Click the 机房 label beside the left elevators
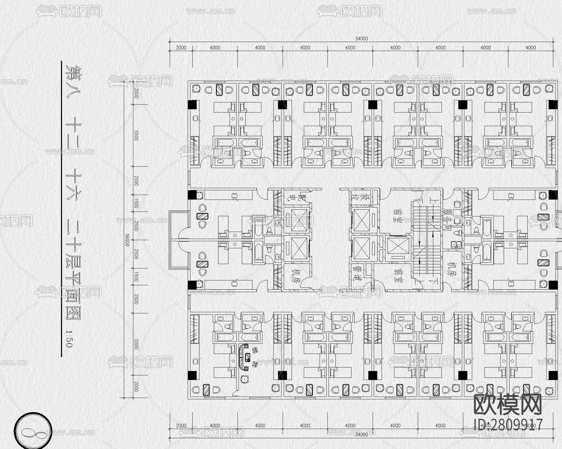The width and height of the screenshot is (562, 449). (295, 276)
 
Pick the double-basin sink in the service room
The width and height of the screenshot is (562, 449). (456, 244)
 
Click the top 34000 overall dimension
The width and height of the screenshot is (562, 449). (361, 38)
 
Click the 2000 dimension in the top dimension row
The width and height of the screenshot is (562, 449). (181, 48)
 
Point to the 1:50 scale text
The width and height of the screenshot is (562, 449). (68, 338)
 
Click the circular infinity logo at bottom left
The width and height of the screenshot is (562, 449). (33, 433)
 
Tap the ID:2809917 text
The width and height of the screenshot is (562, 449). (508, 425)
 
